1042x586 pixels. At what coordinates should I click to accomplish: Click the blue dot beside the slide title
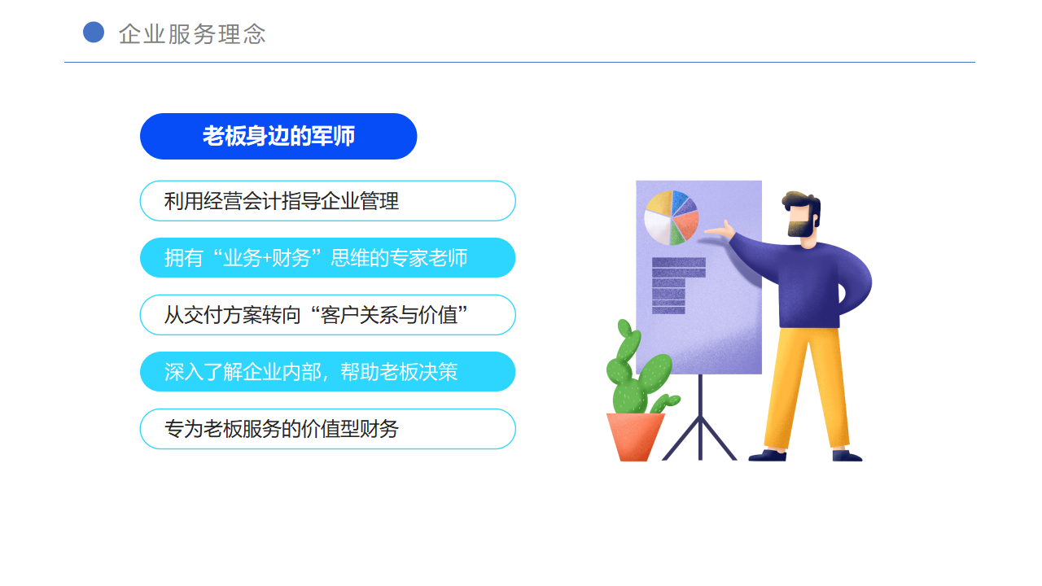point(94,33)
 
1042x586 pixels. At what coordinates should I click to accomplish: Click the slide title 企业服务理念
point(192,34)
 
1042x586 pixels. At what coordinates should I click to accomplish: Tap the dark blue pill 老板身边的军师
point(278,136)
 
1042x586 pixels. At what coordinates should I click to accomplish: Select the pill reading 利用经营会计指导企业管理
point(327,201)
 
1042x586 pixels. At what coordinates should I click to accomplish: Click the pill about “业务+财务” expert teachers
point(327,258)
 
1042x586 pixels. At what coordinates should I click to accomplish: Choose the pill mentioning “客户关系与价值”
point(327,315)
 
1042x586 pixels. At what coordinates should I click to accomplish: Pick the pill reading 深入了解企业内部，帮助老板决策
point(327,372)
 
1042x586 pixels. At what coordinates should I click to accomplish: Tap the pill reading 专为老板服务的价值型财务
point(327,429)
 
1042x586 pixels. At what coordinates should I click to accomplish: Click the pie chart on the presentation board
point(672,217)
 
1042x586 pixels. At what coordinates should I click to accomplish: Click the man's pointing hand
point(720,230)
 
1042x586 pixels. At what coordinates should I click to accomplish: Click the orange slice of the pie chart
point(685,224)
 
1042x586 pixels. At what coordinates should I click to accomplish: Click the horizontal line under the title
point(519,63)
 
